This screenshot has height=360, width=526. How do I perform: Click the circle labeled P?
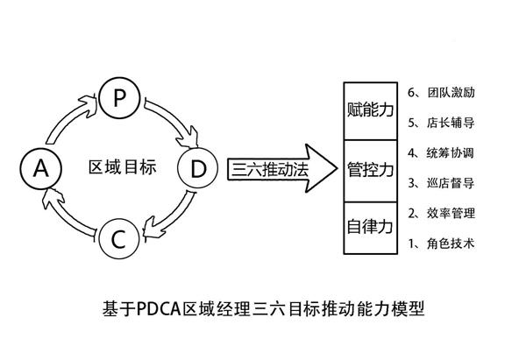121,98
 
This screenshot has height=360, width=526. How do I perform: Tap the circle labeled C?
121,237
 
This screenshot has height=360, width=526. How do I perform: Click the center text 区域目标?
123,167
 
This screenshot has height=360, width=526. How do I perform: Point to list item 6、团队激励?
442,92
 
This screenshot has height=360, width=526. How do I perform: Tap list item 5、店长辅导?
442,123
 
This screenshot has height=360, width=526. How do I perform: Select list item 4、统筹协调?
442,153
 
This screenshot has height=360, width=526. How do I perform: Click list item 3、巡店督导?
442,183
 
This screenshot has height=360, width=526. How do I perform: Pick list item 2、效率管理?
442,214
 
